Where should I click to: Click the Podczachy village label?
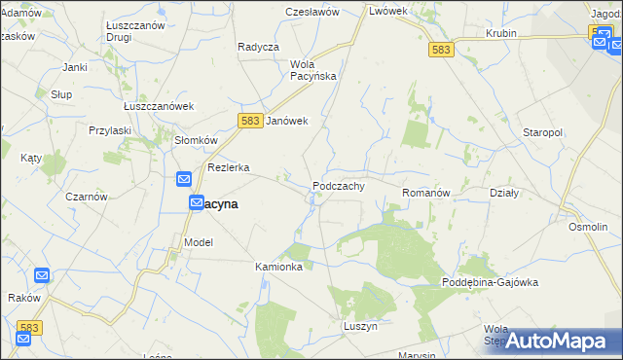click(x=339, y=186)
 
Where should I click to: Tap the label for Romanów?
click(x=425, y=194)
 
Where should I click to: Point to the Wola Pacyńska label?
click(x=312, y=70)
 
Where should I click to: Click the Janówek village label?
click(x=287, y=121)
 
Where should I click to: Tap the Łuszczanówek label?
click(x=160, y=106)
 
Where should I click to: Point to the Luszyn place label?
click(x=360, y=326)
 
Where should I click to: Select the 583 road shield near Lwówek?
click(x=440, y=49)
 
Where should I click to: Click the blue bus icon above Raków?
click(x=43, y=276)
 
